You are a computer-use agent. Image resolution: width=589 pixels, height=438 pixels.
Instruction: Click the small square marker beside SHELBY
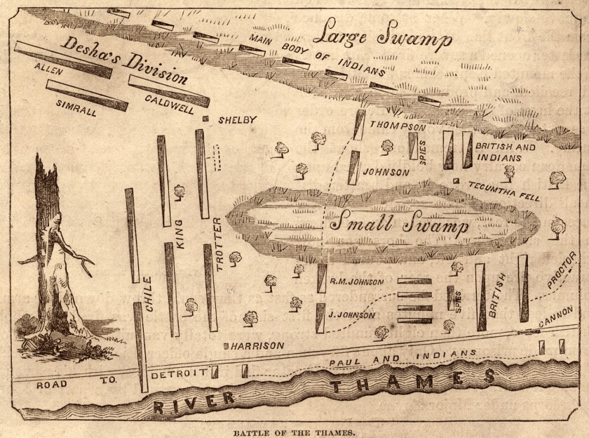point(205,119)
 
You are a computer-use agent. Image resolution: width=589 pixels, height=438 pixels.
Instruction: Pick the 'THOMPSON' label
point(397,127)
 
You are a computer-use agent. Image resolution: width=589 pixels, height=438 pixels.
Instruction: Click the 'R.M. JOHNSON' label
point(356,283)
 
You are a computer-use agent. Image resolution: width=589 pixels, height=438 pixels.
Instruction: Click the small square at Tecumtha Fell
point(456,182)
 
